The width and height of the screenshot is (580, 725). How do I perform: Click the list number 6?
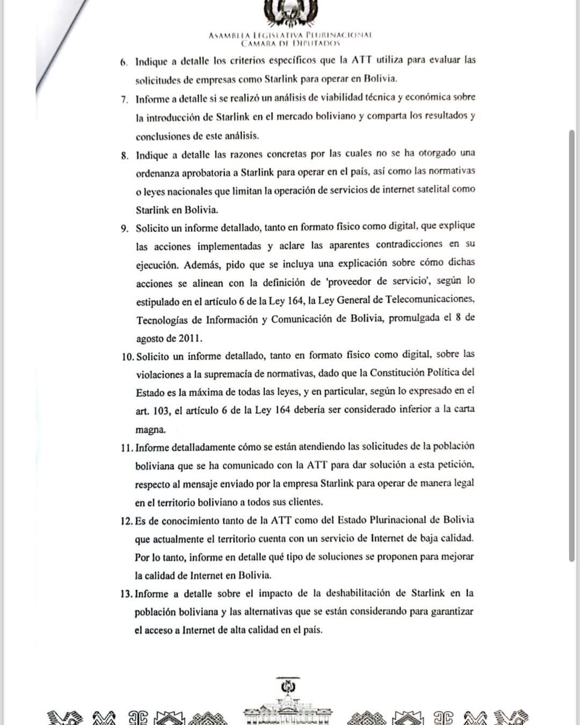tap(124, 62)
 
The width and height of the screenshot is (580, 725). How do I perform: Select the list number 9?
tap(125, 229)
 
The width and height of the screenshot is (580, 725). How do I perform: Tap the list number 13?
tap(126, 594)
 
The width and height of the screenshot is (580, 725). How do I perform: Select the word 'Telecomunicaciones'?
tap(430, 299)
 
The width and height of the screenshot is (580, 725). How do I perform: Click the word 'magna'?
tap(150, 430)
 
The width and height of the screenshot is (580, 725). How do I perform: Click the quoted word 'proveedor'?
tap(350, 281)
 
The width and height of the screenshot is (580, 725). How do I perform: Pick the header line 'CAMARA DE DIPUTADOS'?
tap(291, 43)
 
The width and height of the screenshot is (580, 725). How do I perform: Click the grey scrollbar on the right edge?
tap(572, 344)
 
